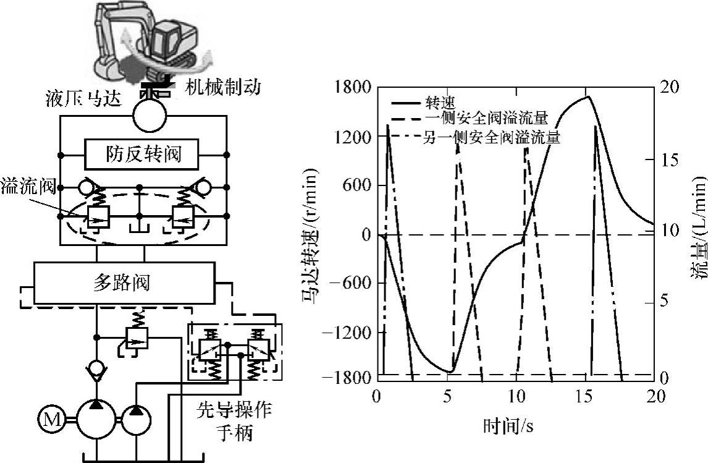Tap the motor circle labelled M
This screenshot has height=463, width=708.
[49, 422]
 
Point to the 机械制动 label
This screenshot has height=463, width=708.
[223, 87]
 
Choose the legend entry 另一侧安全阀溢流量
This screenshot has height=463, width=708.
[492, 137]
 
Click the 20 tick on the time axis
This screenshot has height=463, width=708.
[654, 396]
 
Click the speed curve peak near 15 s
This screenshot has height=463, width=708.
[588, 96]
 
